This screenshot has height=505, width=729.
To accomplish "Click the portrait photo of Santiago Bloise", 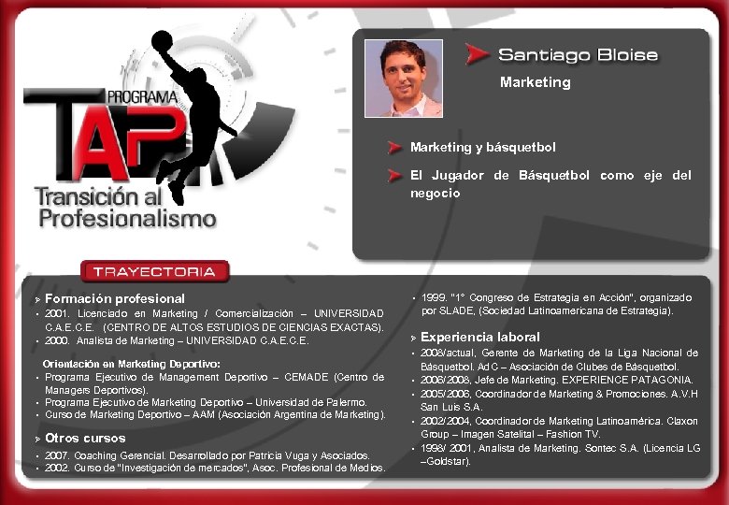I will pos(403,78).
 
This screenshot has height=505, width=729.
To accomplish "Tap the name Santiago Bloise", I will pos(578,55).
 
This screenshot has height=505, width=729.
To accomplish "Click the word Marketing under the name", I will pos(535,82).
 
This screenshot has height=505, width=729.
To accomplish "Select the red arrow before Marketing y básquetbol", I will pos(396,147).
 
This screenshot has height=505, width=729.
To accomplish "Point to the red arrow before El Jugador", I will pos(396,175).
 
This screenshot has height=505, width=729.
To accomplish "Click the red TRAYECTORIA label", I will pos(154,272).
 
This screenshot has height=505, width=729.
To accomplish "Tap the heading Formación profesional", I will pos(115,298).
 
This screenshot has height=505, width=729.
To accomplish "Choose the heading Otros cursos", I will pos(85,438).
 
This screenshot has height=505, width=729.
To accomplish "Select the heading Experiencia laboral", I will pos(480,337).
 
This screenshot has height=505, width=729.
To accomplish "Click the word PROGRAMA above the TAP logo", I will pos(141,96).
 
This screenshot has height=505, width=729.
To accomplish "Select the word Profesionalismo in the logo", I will pos(127,219).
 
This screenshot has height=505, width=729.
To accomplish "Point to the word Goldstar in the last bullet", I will pos(447,462).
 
